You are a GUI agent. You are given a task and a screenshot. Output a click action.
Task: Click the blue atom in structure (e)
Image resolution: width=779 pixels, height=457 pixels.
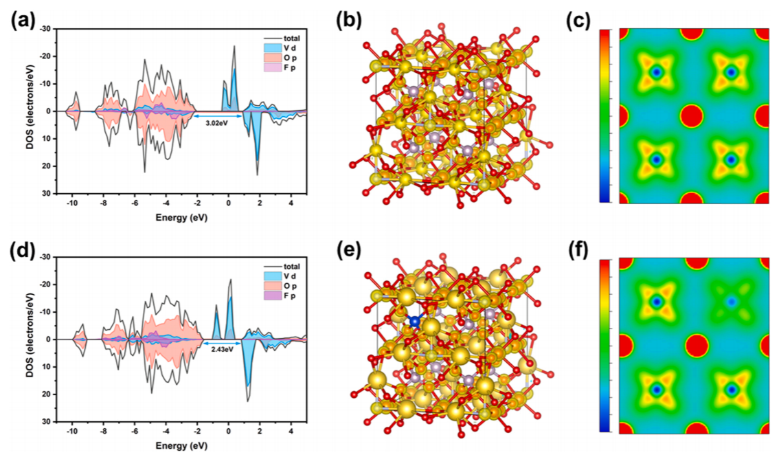(414, 321)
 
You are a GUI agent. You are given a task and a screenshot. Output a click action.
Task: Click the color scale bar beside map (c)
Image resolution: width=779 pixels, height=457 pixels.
(605, 115)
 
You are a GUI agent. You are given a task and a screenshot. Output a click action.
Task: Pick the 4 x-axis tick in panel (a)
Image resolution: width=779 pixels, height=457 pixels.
(291, 203)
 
